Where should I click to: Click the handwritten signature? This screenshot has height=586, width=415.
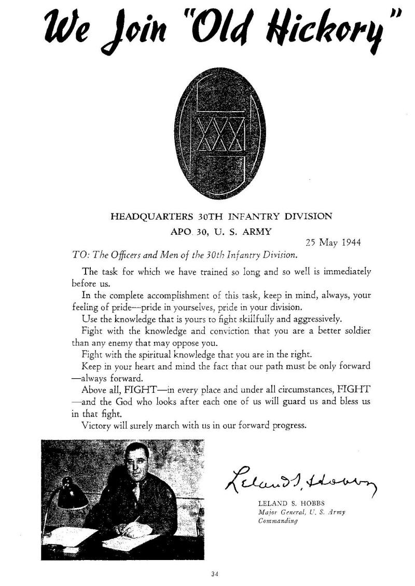coord(300,482)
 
